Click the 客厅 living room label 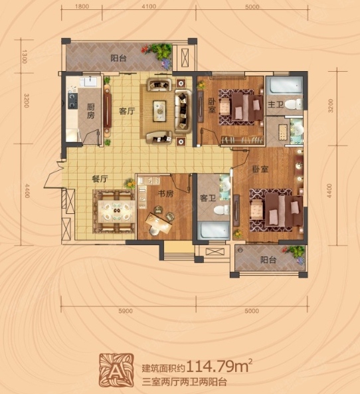(x=127, y=111)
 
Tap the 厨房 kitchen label (x=91, y=111)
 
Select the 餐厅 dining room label (x=100, y=179)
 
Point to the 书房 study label (x=165, y=193)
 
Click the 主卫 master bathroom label (x=276, y=104)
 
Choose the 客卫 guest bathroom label (x=208, y=198)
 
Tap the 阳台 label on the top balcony (x=118, y=58)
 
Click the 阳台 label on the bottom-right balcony (x=268, y=260)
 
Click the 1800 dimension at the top (x=82, y=6)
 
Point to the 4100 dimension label (x=149, y=6)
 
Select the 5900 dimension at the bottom (x=126, y=311)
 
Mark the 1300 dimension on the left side (x=25, y=56)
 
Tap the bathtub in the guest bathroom (x=213, y=230)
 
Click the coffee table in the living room (x=159, y=111)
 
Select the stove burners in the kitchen (x=72, y=100)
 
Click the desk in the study (x=159, y=224)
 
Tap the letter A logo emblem (x=116, y=370)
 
